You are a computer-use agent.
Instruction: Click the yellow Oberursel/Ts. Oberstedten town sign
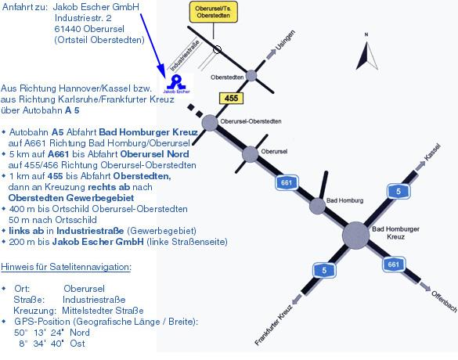tap(214, 12)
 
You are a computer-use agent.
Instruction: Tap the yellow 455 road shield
tap(231, 98)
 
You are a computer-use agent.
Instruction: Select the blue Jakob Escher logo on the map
tap(177, 84)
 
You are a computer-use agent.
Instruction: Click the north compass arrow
tap(367, 56)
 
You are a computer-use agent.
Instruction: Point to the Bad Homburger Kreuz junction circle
tap(355, 236)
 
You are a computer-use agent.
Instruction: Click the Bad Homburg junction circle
tap(317, 206)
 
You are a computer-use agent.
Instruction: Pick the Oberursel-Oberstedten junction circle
tap(210, 123)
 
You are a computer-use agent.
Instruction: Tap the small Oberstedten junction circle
tap(251, 76)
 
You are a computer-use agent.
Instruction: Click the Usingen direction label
tap(285, 40)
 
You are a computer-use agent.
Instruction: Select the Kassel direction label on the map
tap(432, 152)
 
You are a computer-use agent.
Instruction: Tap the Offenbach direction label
tap(444, 301)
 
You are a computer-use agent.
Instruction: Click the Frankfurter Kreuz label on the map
tap(273, 325)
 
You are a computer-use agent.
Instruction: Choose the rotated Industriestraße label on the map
tap(185, 56)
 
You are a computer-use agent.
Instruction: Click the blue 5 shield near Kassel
tap(398, 191)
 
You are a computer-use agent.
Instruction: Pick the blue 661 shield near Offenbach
tap(394, 265)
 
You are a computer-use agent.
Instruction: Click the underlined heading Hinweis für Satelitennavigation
tap(66, 267)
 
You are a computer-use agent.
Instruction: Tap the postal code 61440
tap(68, 29)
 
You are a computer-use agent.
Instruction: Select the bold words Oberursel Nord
tap(154, 154)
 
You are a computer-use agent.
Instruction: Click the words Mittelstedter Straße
tap(103, 311)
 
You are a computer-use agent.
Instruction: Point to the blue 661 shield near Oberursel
tap(287, 183)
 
